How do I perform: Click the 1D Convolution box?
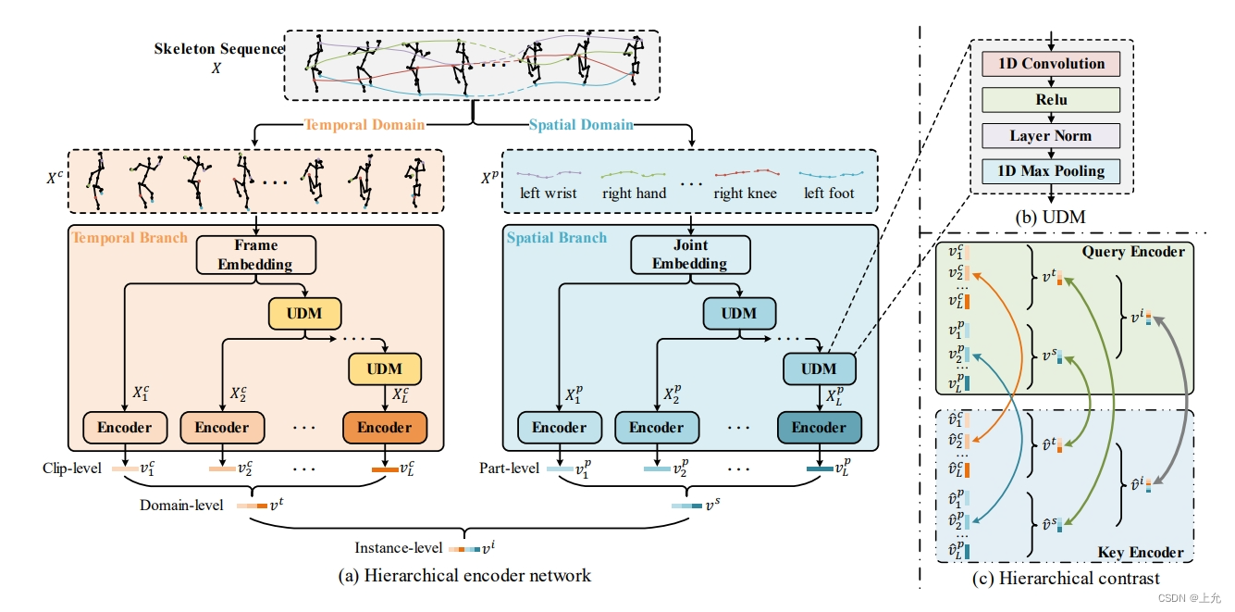(x=1050, y=64)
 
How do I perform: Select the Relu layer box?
(x=1050, y=100)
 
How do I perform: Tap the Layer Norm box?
(x=1050, y=136)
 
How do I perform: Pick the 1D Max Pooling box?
(x=1050, y=171)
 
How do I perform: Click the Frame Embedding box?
(x=254, y=255)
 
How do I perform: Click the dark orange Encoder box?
(x=384, y=428)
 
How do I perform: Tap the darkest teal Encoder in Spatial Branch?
(x=819, y=428)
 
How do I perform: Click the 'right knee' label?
(x=745, y=194)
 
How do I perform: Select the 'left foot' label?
(x=829, y=194)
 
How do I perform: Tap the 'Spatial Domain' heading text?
(x=581, y=125)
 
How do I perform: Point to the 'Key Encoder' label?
(x=1141, y=553)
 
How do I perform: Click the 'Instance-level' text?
(x=399, y=548)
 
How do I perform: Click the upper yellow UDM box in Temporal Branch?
(x=303, y=314)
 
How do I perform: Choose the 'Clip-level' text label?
(x=71, y=468)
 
